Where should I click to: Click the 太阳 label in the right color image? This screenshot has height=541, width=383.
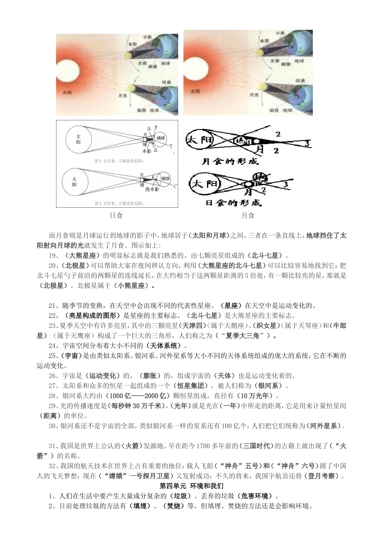[x=195, y=92]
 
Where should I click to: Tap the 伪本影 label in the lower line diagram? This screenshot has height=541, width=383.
[x=152, y=189]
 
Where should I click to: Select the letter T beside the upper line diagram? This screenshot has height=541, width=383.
[x=171, y=145]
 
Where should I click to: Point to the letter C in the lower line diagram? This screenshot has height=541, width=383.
[x=175, y=186]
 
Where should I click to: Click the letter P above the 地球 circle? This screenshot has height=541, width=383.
[x=156, y=128]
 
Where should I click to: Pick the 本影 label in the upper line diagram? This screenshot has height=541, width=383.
[x=147, y=151]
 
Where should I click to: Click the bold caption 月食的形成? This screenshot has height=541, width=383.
[x=230, y=161]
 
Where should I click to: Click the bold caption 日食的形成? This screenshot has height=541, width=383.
[x=233, y=202]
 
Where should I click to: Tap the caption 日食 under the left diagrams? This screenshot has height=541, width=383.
[x=117, y=215]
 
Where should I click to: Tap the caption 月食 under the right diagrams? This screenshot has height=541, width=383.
[x=248, y=215]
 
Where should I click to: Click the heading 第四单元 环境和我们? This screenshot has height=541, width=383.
[x=191, y=486]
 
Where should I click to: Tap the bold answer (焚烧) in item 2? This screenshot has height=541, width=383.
[x=174, y=506]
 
